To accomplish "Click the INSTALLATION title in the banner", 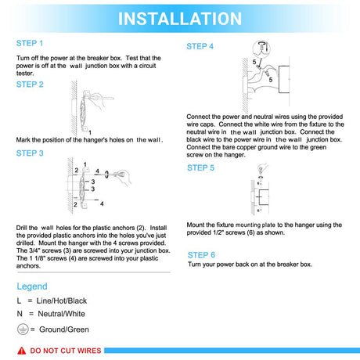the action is pos(180,19).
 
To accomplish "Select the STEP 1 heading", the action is pos(30,43).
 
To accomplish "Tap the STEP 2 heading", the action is pos(30,85).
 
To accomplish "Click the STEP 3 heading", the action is pos(30,153).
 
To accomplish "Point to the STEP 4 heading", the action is pos(200,46).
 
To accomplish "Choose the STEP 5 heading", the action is pos(200,167).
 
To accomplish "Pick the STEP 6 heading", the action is pos(201,255).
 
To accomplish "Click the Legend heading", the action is pos(32,286).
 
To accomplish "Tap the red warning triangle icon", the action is pos(22,351).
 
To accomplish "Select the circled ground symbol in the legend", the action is pos(23,329).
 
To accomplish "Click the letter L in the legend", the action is pos(19,301).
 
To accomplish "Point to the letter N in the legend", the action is pos(20,314).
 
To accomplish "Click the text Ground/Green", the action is pos(64,329).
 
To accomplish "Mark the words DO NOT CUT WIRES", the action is pos(66,351).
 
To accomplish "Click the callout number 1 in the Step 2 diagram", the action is pos(90,132).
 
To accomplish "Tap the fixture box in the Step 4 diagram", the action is pos(284,79).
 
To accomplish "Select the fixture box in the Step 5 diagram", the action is pos(264,196).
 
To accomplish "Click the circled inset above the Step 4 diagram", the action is pos(261,49).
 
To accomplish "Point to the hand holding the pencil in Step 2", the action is pos(98,100).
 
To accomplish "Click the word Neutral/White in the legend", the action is pos(61,314).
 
